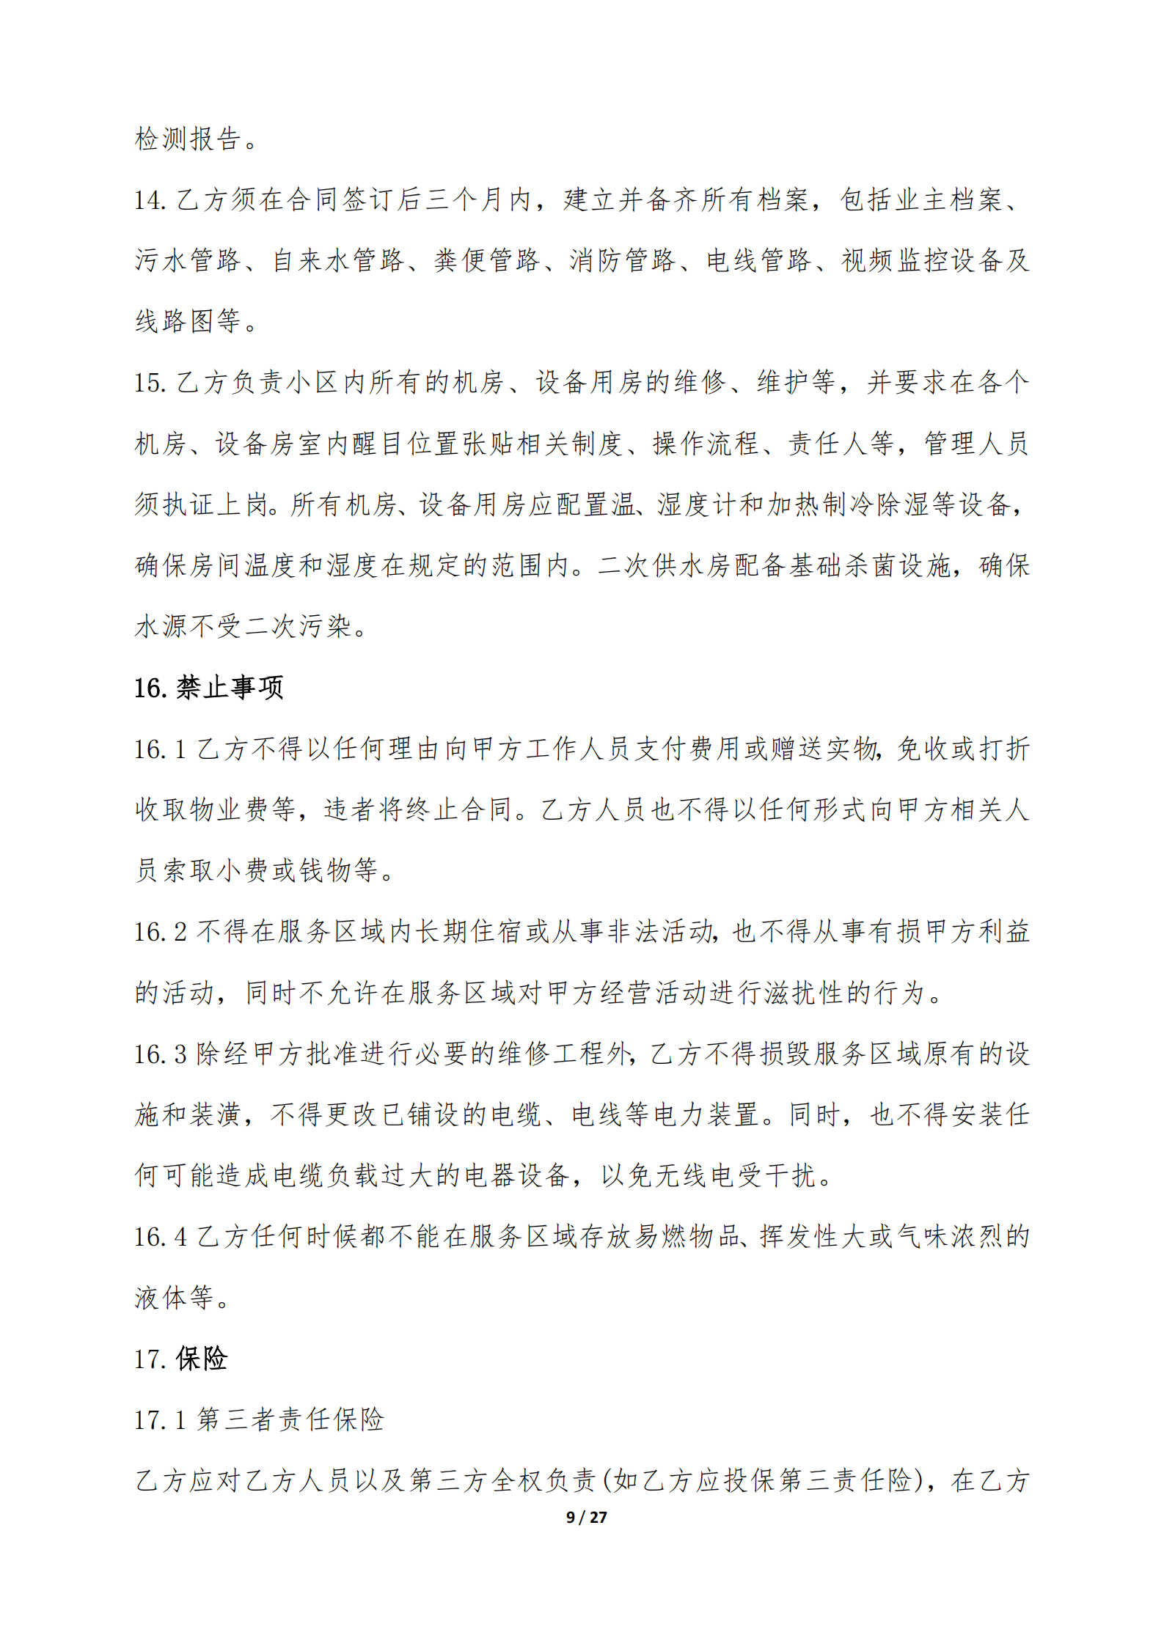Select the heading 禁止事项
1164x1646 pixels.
(230, 688)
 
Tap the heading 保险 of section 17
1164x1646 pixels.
(202, 1359)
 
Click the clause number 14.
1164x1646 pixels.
(150, 199)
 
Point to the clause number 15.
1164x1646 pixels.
(150, 382)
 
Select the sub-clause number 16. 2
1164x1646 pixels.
(160, 932)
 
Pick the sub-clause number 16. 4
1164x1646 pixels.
(160, 1237)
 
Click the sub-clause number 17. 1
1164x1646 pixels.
(160, 1420)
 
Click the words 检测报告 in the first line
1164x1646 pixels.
(188, 139)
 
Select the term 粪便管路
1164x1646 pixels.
(486, 260)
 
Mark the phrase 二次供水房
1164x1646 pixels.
(665, 565)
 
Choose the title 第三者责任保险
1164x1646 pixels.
(290, 1420)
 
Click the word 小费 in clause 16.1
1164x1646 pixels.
(244, 870)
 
